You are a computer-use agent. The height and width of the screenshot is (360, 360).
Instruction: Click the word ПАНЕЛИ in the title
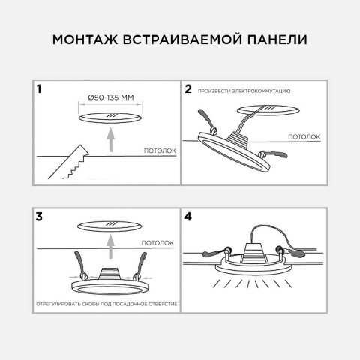(279, 39)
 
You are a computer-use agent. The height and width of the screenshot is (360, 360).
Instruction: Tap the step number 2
(189, 89)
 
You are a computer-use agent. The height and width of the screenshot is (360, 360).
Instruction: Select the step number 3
(39, 217)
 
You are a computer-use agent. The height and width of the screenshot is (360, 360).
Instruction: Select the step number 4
(189, 217)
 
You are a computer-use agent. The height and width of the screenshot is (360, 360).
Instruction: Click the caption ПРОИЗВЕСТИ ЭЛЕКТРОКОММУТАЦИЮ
(244, 91)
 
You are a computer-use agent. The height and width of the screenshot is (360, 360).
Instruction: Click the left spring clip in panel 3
(79, 265)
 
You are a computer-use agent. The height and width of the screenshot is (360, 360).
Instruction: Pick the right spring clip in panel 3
(141, 265)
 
